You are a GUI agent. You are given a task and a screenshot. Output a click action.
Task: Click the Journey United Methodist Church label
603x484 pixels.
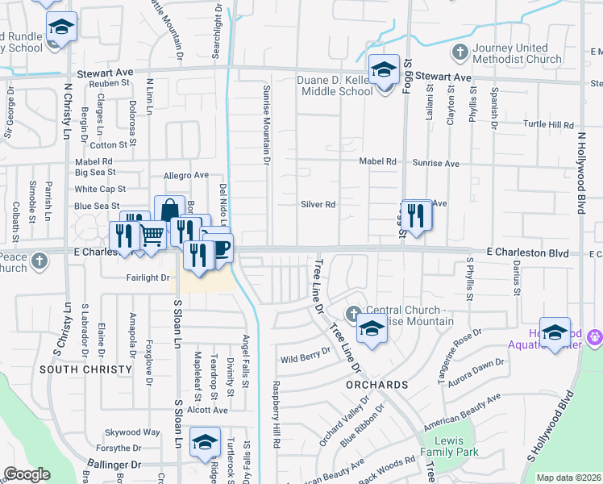click(517, 54)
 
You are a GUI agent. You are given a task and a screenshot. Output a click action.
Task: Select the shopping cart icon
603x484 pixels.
click(152, 235)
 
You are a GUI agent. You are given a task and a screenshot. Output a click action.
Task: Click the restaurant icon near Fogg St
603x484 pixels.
click(416, 215)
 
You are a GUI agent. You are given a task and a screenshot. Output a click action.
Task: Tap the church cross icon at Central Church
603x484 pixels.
click(351, 312)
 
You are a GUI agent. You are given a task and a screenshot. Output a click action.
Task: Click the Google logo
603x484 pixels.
click(27, 474)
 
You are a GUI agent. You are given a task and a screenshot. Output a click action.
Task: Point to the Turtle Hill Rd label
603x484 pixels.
click(548, 126)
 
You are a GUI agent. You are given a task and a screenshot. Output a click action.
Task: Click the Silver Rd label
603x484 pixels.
click(318, 205)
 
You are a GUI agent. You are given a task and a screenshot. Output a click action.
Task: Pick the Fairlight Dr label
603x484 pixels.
click(148, 277)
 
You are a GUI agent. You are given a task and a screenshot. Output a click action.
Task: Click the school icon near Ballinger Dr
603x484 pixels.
click(205, 442)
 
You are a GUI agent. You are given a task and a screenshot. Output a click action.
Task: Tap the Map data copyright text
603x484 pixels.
click(569, 478)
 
